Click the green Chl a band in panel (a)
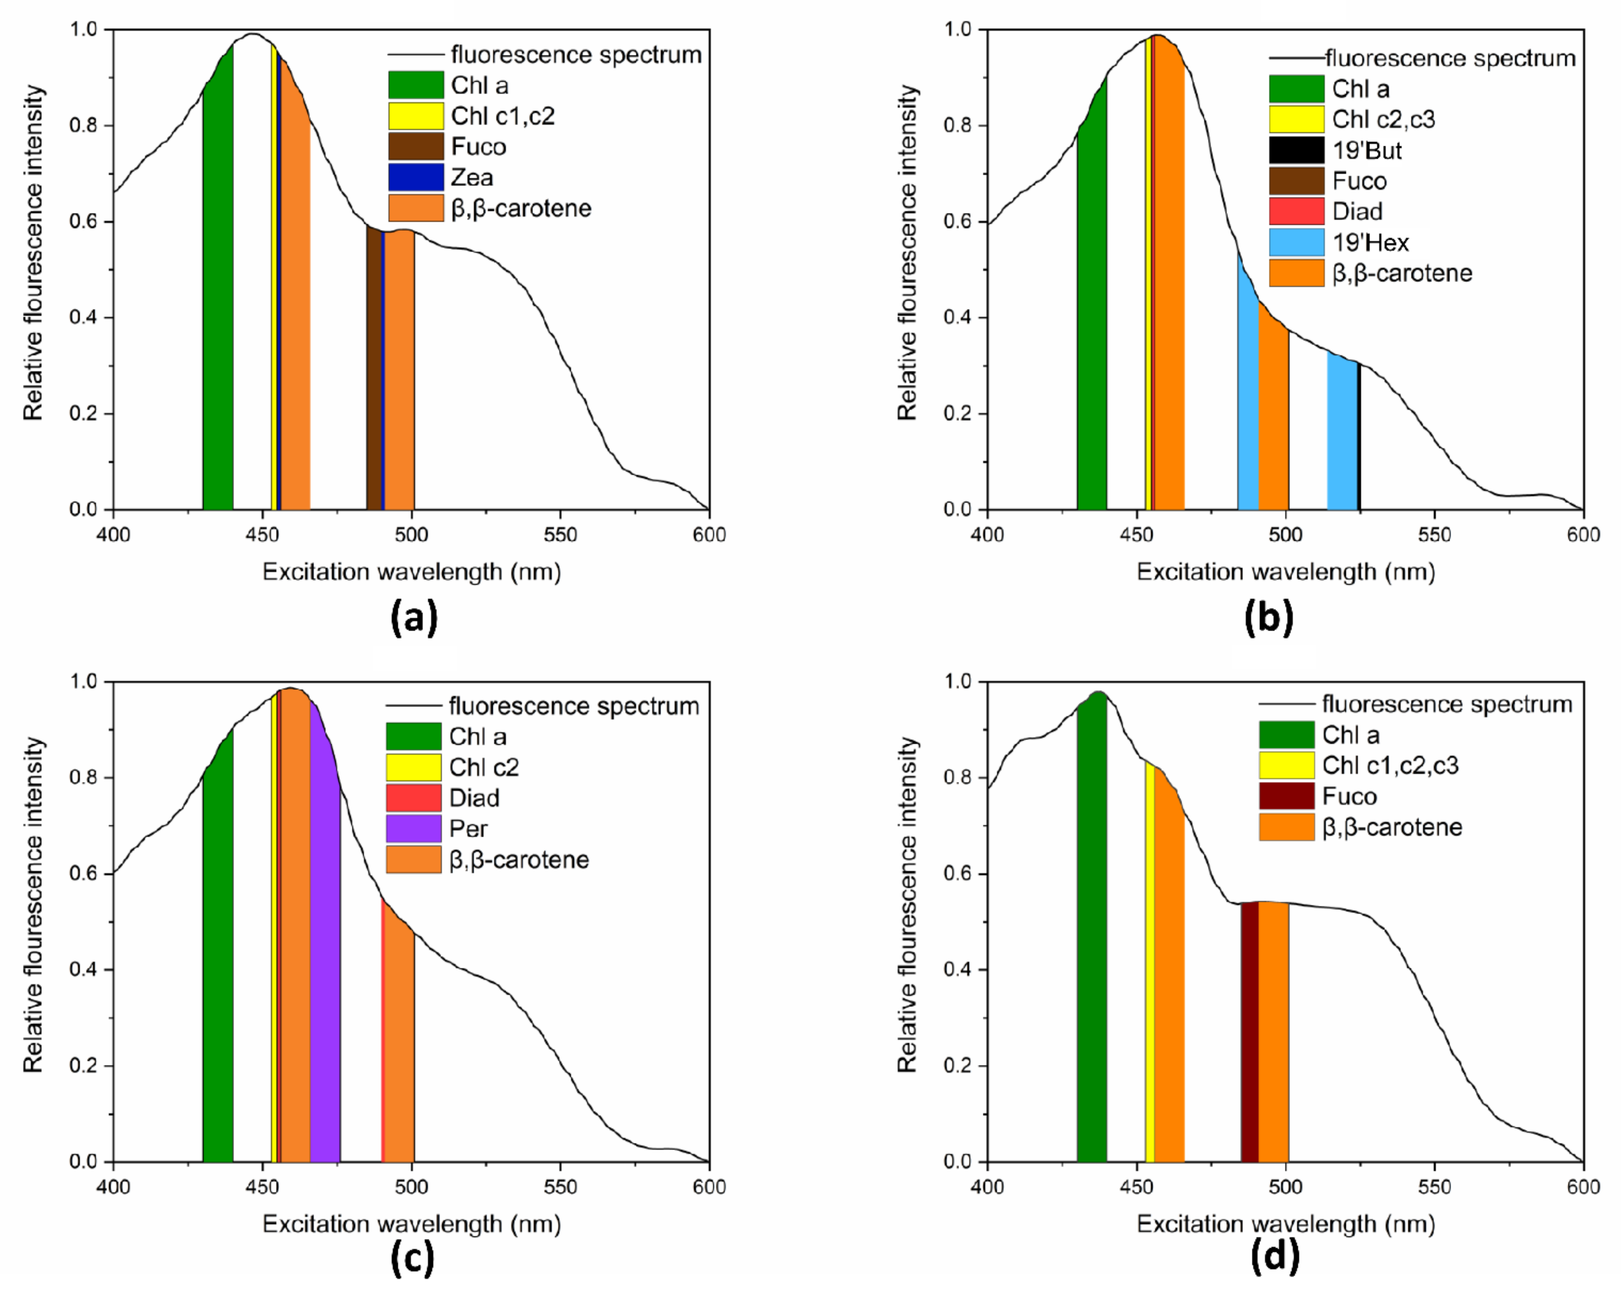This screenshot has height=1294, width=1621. click(x=217, y=301)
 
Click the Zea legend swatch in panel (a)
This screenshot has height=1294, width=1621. click(x=416, y=177)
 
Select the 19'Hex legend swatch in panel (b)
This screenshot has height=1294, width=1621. click(x=1296, y=242)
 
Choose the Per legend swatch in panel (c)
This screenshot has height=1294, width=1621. click(x=413, y=828)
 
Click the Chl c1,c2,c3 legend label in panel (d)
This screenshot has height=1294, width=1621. click(x=1390, y=765)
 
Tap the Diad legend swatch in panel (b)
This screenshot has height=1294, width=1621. click(x=1296, y=211)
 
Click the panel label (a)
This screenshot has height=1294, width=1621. click(x=413, y=618)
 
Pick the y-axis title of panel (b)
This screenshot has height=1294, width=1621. click(x=907, y=252)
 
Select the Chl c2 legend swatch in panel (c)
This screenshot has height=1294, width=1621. click(x=413, y=767)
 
